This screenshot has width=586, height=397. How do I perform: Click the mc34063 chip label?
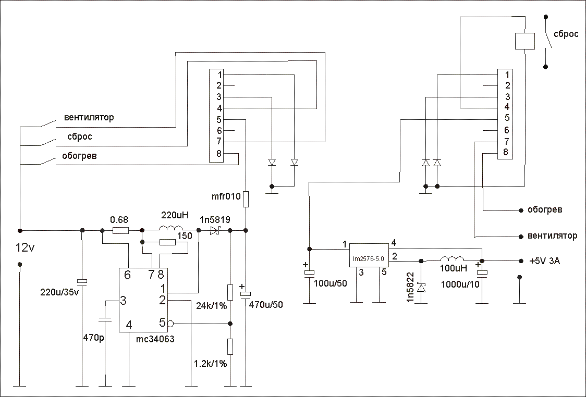(155, 340)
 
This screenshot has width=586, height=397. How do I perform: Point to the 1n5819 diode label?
(215, 220)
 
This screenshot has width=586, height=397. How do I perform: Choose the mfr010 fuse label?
(226, 196)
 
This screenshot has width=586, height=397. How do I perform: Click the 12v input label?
(25, 247)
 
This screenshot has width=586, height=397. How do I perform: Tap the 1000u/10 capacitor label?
(460, 284)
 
